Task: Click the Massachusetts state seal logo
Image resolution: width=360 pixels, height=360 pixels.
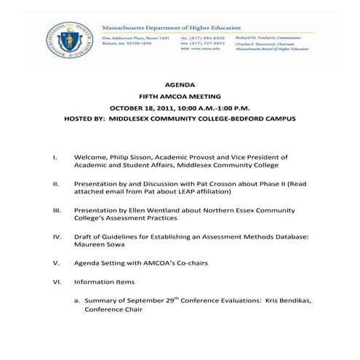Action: (x=62, y=38)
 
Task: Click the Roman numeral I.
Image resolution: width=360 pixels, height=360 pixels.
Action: (x=55, y=157)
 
